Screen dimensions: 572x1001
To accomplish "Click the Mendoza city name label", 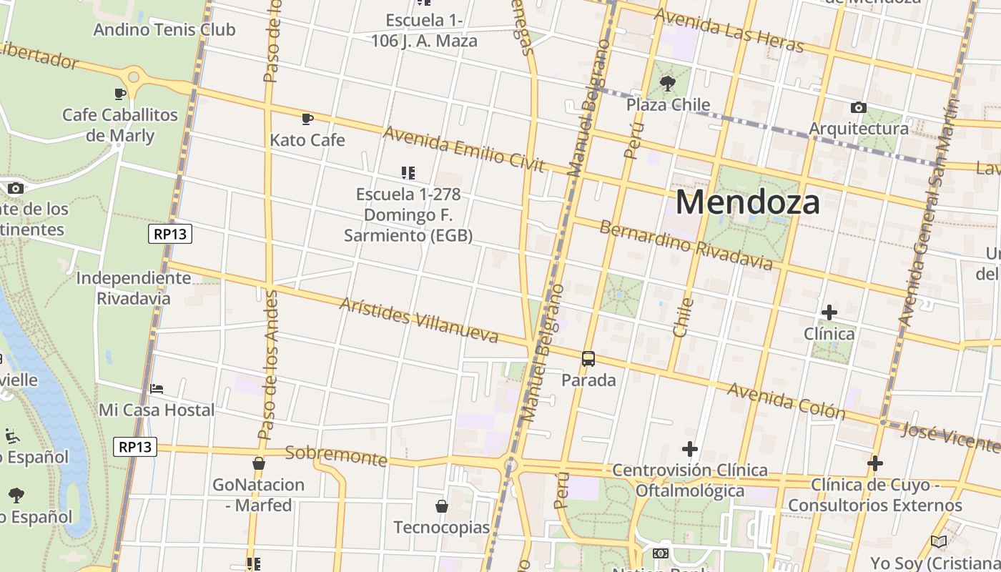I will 747,202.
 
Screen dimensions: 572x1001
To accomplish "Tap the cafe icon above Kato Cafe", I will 307,119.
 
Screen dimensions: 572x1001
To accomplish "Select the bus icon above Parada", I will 588,359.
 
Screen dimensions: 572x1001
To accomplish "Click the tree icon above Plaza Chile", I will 668,84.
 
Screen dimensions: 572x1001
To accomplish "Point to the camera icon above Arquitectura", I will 859,108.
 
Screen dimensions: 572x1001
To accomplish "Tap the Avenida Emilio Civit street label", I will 464,149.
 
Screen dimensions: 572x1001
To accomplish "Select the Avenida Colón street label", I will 786,400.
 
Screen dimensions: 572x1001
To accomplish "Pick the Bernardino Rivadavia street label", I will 686,245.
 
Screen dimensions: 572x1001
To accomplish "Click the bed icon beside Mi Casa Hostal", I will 157,389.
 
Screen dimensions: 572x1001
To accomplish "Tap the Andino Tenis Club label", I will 164,30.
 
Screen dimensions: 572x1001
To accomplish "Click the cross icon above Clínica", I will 829,312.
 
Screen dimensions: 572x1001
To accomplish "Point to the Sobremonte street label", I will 336,455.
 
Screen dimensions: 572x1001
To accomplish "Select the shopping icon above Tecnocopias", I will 442,506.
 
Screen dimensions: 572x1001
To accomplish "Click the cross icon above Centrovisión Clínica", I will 690,449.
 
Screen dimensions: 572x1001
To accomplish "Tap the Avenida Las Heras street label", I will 729,29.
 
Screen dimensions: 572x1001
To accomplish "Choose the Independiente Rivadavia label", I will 134,287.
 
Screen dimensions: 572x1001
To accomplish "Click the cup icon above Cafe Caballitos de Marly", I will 120,94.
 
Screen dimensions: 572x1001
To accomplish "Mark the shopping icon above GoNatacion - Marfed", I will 259,463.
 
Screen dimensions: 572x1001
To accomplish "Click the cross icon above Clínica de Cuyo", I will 875,463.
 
